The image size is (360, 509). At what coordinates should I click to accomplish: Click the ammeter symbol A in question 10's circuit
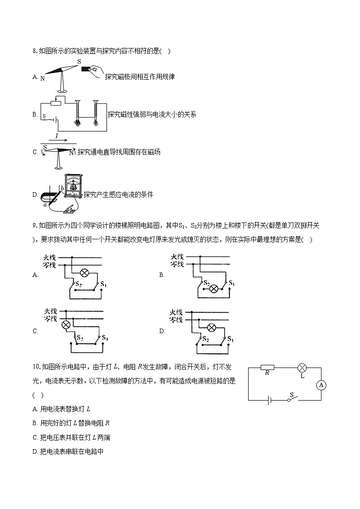click(321, 385)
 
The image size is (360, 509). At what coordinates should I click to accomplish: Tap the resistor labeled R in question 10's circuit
click(268, 367)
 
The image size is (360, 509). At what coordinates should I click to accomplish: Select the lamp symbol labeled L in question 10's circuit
click(302, 368)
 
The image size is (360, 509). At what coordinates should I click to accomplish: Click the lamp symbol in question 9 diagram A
click(84, 272)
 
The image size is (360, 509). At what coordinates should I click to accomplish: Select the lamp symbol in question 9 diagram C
click(66, 325)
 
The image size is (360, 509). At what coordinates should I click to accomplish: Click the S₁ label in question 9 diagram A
click(103, 284)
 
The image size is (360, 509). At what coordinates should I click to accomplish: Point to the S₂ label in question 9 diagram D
click(205, 339)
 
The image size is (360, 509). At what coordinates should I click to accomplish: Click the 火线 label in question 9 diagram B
click(177, 257)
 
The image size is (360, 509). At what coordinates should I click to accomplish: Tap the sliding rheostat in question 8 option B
click(56, 103)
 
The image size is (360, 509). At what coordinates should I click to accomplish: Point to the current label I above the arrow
click(57, 136)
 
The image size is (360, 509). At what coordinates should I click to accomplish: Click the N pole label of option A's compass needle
click(42, 78)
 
